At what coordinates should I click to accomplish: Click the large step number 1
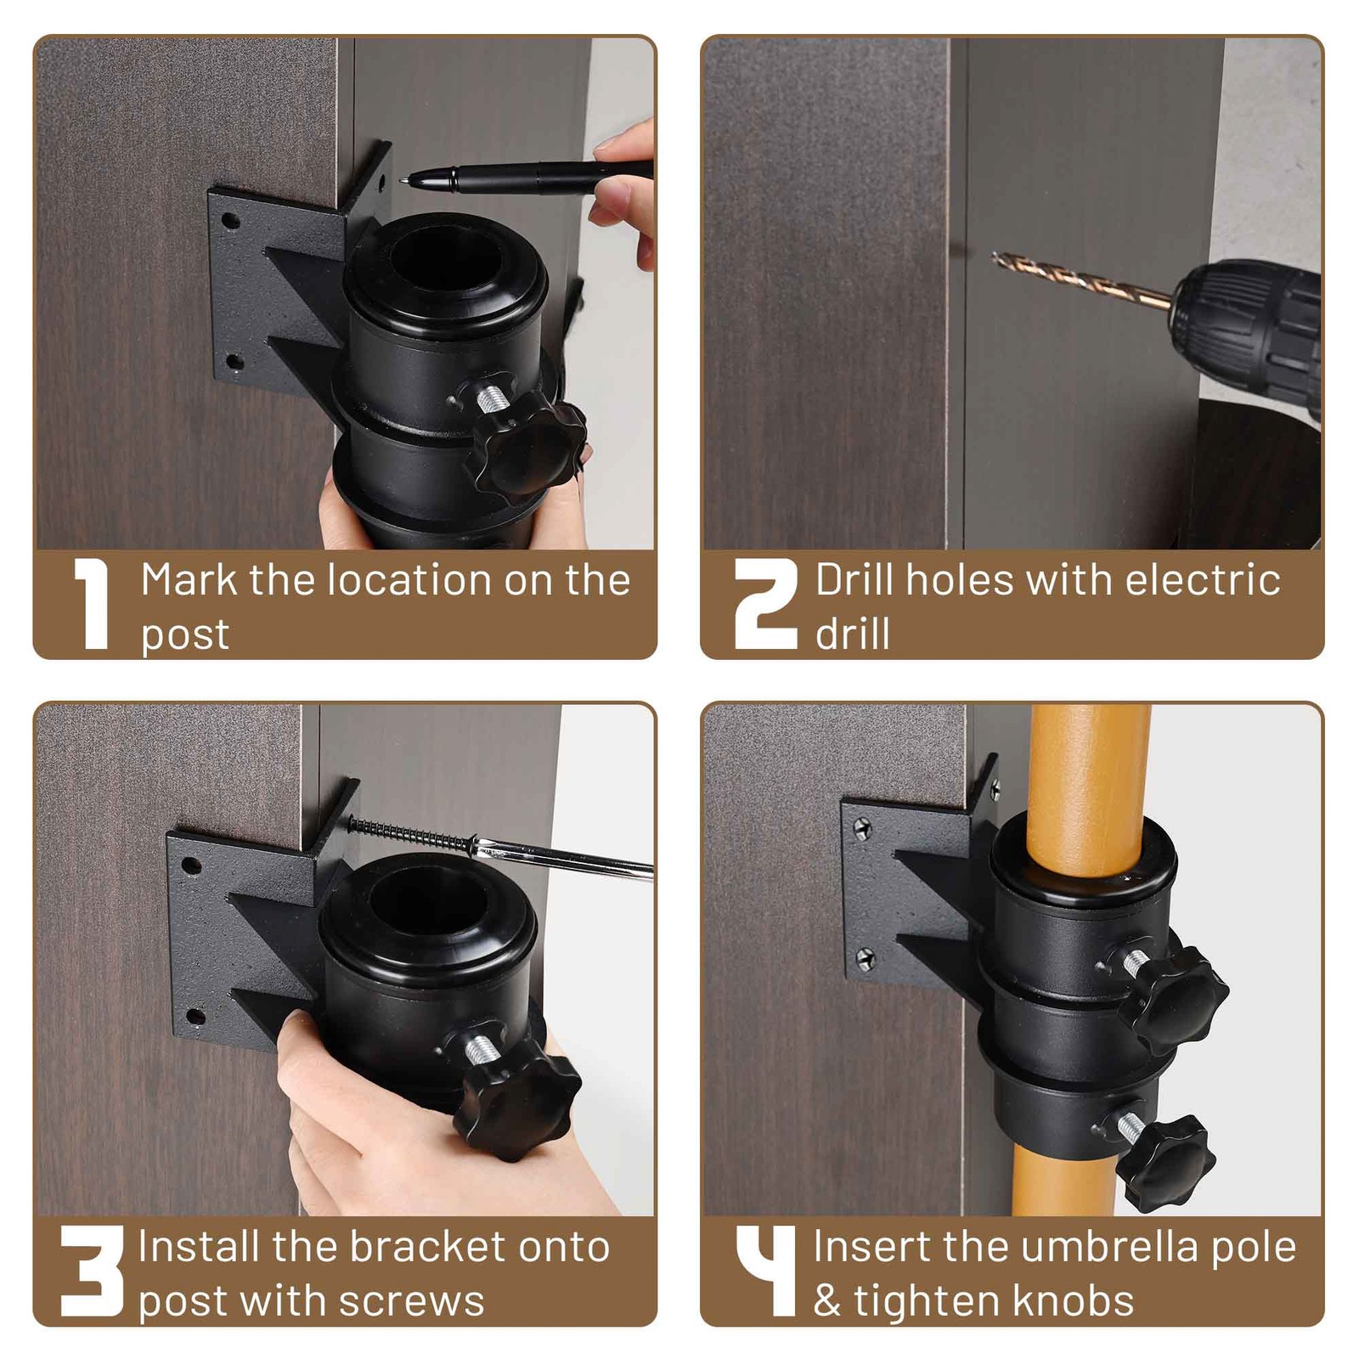pos(92,605)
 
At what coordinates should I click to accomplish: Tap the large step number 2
pos(765,605)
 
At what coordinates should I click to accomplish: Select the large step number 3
pos(92,1271)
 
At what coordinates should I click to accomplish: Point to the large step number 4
pos(765,1271)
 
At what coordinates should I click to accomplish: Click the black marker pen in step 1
pos(527,174)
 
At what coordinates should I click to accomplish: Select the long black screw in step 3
pos(408,832)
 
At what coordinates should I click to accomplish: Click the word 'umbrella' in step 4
pos(1109,1247)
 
